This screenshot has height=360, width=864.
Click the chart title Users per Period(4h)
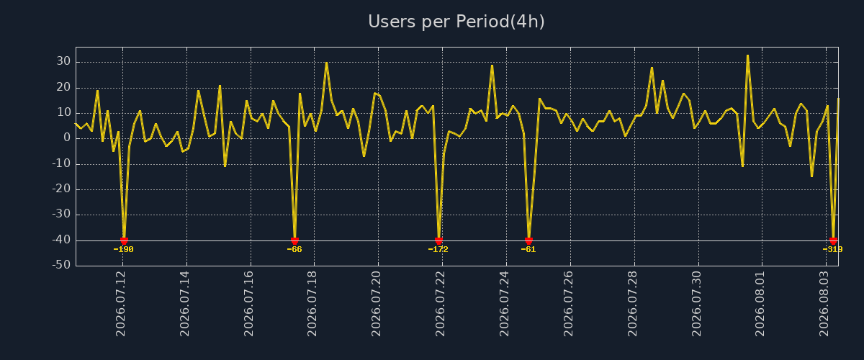click(456, 22)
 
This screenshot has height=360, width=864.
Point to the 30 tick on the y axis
click(63, 61)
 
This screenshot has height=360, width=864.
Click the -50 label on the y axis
click(62, 265)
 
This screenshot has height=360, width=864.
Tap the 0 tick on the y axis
click(67, 138)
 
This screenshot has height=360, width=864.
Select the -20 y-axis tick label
click(62, 189)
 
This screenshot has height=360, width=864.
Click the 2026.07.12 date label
click(121, 303)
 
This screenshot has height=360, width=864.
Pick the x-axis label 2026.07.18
click(312, 303)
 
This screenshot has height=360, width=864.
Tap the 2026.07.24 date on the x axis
click(504, 303)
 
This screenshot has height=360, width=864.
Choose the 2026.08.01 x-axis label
click(760, 303)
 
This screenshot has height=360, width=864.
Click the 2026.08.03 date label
click(824, 303)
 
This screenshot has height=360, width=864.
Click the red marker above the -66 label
click(294, 240)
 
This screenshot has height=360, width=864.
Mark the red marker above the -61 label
click(528, 240)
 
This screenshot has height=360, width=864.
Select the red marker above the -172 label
click(438, 240)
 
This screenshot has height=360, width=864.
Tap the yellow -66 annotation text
click(294, 250)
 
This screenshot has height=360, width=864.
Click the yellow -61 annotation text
click(528, 250)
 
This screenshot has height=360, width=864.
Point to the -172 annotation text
click(438, 250)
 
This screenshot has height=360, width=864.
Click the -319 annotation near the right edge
click(832, 250)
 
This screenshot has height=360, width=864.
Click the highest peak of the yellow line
click(747, 55)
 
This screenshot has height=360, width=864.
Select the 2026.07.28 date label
click(632, 303)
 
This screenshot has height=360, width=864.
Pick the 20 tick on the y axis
click(63, 87)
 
